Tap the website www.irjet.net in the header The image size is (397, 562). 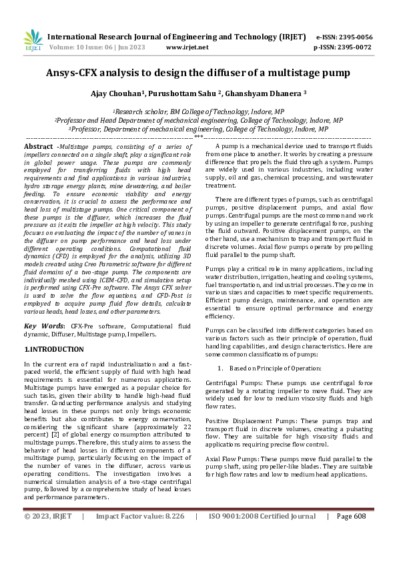(x=187, y=47)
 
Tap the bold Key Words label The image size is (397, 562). (x=41, y=325)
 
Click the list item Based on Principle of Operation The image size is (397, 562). (x=273, y=368)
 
